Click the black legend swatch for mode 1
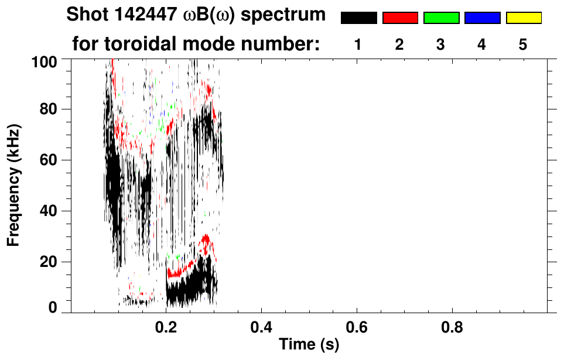(x=359, y=18)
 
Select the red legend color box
(x=400, y=18)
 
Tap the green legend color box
(x=441, y=18)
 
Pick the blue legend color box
(x=482, y=18)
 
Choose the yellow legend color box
(x=523, y=18)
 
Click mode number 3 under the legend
(x=440, y=44)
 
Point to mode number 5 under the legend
(x=523, y=44)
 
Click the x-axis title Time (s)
(x=309, y=345)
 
